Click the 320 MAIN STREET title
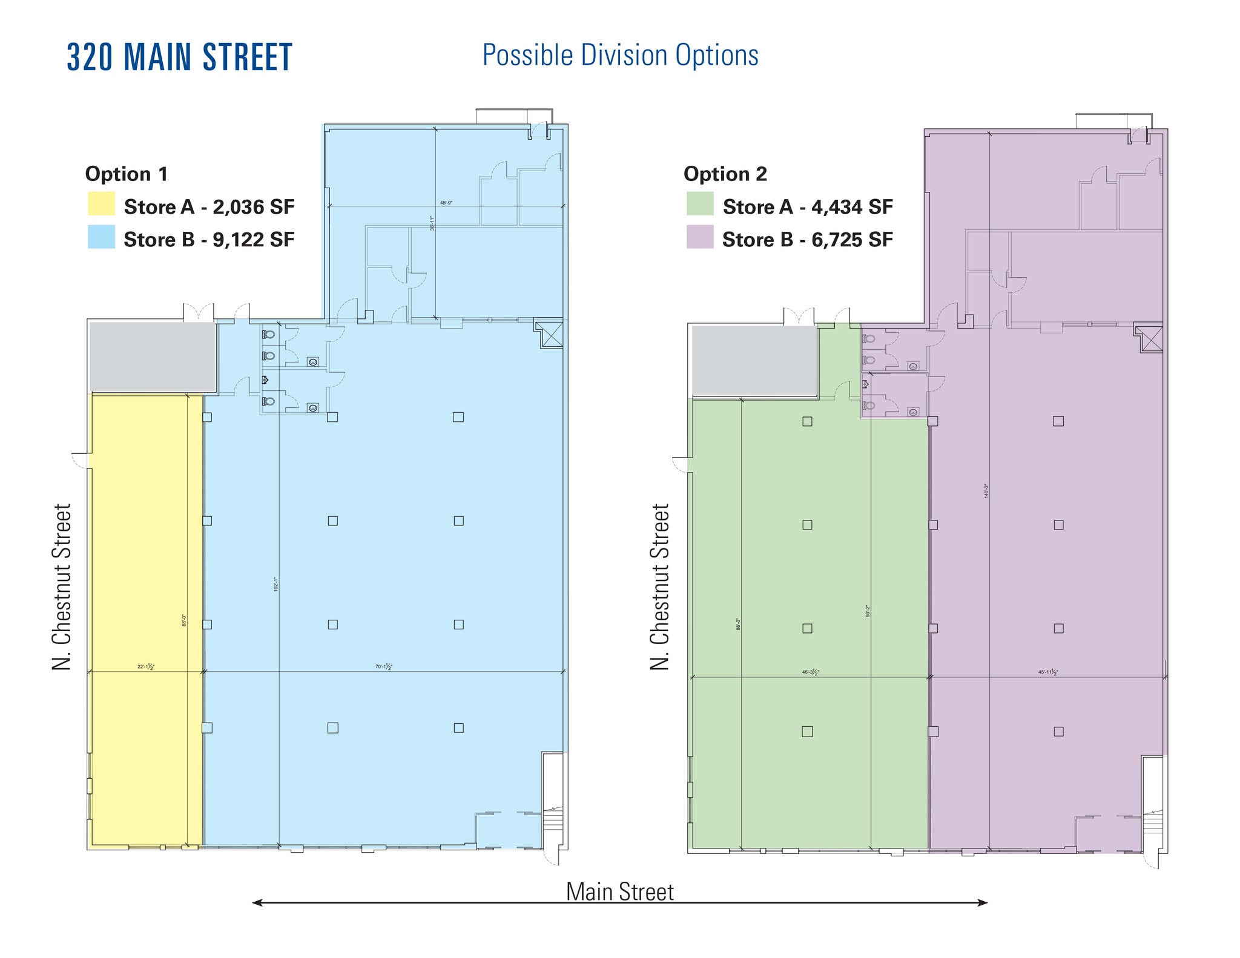pos(179,57)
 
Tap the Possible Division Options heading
pos(620,56)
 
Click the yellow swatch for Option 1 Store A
pos(101,204)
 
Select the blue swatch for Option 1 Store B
pos(101,237)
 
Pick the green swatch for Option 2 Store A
pos(699,204)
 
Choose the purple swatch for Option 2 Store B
pos(699,237)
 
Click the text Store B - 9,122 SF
pos(209,240)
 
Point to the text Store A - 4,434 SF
pos(808,207)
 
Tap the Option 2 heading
pos(725,174)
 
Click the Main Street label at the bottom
pos(619,891)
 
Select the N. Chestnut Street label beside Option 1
pos(62,586)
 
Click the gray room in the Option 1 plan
pos(153,357)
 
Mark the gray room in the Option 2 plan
pos(754,361)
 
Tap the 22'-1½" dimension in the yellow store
pos(145,667)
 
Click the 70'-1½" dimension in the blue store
pos(384,667)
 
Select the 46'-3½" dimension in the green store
pos(810,672)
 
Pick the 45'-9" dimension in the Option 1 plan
pos(446,203)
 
